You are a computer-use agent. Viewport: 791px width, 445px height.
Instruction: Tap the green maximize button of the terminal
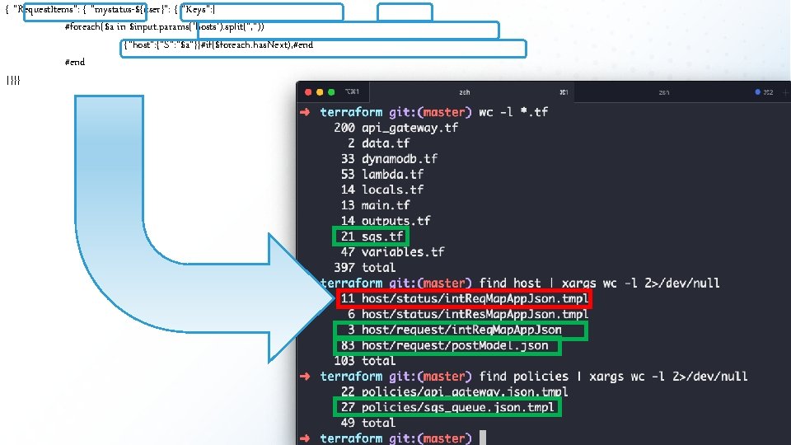pos(331,91)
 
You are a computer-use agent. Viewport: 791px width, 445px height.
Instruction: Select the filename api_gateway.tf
pos(410,128)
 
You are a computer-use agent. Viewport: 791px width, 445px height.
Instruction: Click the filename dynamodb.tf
pos(399,158)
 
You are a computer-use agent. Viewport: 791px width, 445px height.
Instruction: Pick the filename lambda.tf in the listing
pos(392,174)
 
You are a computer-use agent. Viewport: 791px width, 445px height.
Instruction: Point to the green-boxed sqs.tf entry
pos(368,237)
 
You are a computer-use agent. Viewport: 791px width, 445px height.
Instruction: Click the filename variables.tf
pos(403,251)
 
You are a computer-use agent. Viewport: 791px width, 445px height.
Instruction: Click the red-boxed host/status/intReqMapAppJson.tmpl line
pos(463,298)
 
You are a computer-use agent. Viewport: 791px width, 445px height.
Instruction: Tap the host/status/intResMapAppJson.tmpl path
pos(475,314)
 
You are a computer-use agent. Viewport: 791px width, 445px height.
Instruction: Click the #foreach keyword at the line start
pos(82,28)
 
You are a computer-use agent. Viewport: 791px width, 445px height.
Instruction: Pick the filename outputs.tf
pos(395,221)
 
